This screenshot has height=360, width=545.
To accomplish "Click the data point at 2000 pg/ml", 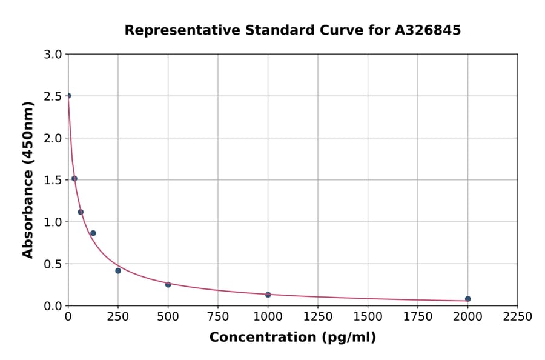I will pos(467,299).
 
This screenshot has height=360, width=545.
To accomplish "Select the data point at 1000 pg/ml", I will pos(268,295).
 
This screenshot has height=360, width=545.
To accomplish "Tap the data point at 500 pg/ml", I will pos(168,284).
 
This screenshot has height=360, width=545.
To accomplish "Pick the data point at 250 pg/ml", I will pos(118,271).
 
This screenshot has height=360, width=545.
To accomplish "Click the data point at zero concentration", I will pos(68,96).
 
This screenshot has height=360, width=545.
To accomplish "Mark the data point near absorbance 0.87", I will pos(93,233).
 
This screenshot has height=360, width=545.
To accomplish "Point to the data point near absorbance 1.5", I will pos(74,179).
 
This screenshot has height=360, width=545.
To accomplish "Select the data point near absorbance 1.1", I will pos(81,212).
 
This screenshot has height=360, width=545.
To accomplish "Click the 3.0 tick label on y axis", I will pos(54,55).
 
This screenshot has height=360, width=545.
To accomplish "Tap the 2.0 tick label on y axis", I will pos(54,138).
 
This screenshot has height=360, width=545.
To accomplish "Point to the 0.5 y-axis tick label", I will pos(54,264).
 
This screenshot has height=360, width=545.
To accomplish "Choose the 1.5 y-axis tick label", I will pos(54,180).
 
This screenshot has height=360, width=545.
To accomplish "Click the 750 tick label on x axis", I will pos(218,316).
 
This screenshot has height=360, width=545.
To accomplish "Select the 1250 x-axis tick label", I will pos(318,316).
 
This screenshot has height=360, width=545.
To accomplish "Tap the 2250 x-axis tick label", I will pos(518,316).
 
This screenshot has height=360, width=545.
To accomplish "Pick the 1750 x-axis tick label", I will pos(418,316).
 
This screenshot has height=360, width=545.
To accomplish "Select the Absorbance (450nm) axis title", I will pos(28,179).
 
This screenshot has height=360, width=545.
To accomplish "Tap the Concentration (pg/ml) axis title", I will pos(292,338).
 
